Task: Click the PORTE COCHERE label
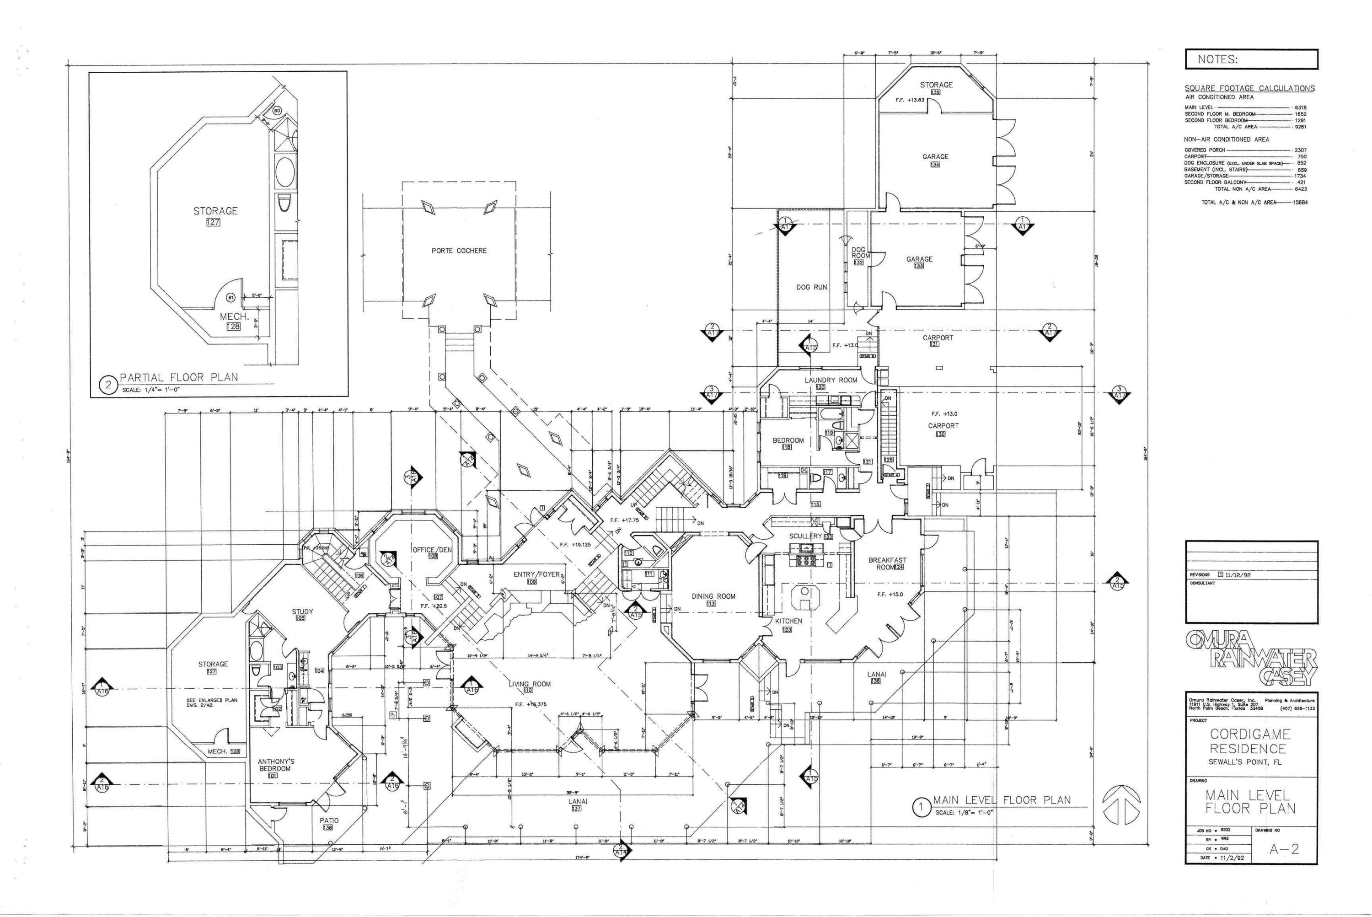pos(459,250)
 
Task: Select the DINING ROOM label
pos(713,596)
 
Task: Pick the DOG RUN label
pos(811,287)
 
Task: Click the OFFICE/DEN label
pos(432,550)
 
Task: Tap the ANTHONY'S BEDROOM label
pos(276,765)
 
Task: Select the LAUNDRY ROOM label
pos(831,380)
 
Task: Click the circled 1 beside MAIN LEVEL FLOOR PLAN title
pos(921,808)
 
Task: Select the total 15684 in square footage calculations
pos(1301,202)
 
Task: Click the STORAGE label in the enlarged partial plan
pos(215,210)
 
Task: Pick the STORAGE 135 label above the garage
pos(936,85)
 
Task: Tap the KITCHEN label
pos(788,621)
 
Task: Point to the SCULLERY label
pos(805,536)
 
